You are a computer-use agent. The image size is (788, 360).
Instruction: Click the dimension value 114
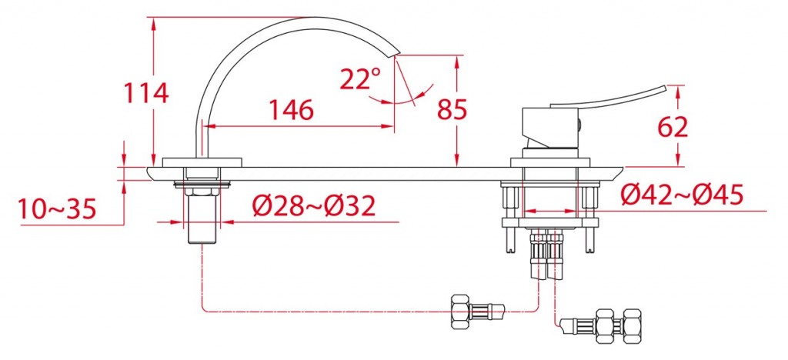point(146,93)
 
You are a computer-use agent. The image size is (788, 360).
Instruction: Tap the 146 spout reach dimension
point(291,109)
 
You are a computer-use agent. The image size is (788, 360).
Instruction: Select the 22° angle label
point(360,78)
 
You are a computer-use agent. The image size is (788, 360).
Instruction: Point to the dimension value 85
point(452,109)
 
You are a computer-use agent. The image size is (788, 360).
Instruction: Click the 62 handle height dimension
point(673,128)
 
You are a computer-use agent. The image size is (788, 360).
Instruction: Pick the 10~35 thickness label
point(57,209)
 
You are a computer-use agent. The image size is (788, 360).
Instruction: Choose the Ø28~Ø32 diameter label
point(314,205)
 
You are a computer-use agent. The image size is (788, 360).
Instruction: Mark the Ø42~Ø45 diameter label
point(682,195)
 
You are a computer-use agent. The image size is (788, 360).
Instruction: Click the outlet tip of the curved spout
point(396,53)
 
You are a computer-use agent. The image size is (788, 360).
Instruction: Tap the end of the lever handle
point(664,88)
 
